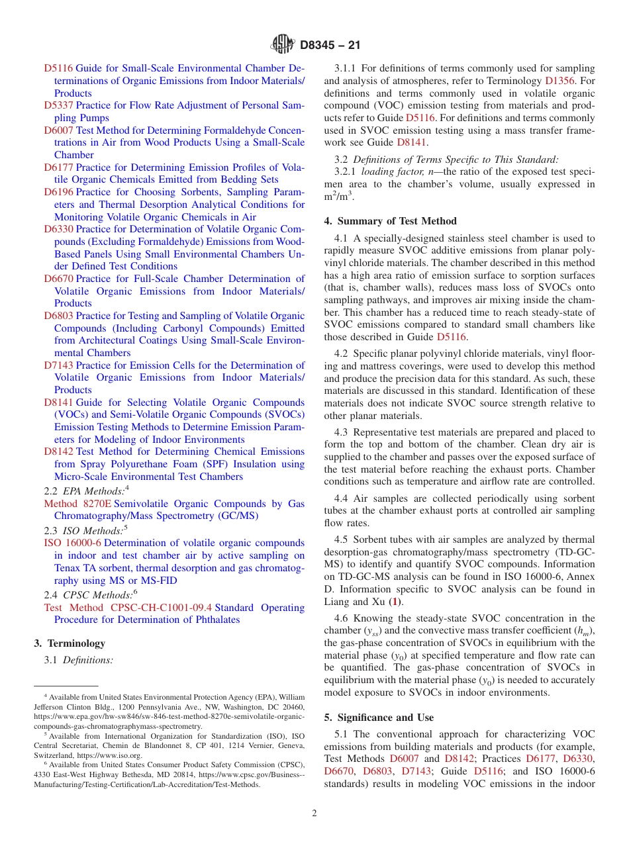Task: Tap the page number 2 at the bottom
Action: tap(314, 813)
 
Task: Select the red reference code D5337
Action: tap(58, 105)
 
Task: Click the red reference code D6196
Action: tap(58, 192)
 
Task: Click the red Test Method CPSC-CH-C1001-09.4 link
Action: tap(128, 608)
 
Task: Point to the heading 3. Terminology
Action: tap(69, 643)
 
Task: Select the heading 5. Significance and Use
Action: tap(379, 718)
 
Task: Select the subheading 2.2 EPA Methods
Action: tap(85, 491)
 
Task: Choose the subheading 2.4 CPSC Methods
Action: tap(89, 594)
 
